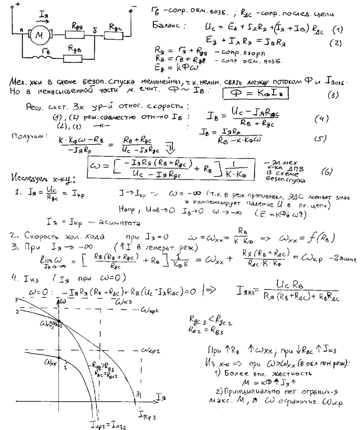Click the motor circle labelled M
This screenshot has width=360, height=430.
pyautogui.click(x=38, y=35)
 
